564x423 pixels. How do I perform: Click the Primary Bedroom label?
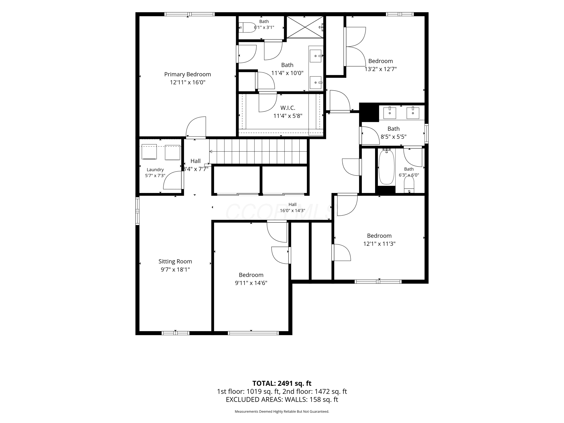[x=187, y=74]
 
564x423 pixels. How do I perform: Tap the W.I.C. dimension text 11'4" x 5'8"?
[x=288, y=116]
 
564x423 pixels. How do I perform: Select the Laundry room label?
[x=155, y=170]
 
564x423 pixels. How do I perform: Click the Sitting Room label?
[x=175, y=261]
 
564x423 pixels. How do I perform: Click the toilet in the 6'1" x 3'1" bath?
[x=247, y=27]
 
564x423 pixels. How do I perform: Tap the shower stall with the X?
[x=305, y=27]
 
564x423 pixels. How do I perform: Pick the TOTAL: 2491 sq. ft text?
[x=282, y=383]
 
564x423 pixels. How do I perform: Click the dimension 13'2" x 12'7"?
[x=381, y=69]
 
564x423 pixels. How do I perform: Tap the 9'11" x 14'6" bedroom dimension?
[x=251, y=283]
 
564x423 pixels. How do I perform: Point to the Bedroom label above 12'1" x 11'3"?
[x=379, y=236]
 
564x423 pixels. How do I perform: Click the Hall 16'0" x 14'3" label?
[x=293, y=207]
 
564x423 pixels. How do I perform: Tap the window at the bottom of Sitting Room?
[x=175, y=333]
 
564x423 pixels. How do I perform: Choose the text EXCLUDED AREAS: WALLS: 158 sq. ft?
[x=282, y=399]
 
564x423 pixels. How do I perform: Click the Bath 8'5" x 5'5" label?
[x=393, y=133]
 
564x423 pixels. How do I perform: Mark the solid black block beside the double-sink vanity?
[x=369, y=112]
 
